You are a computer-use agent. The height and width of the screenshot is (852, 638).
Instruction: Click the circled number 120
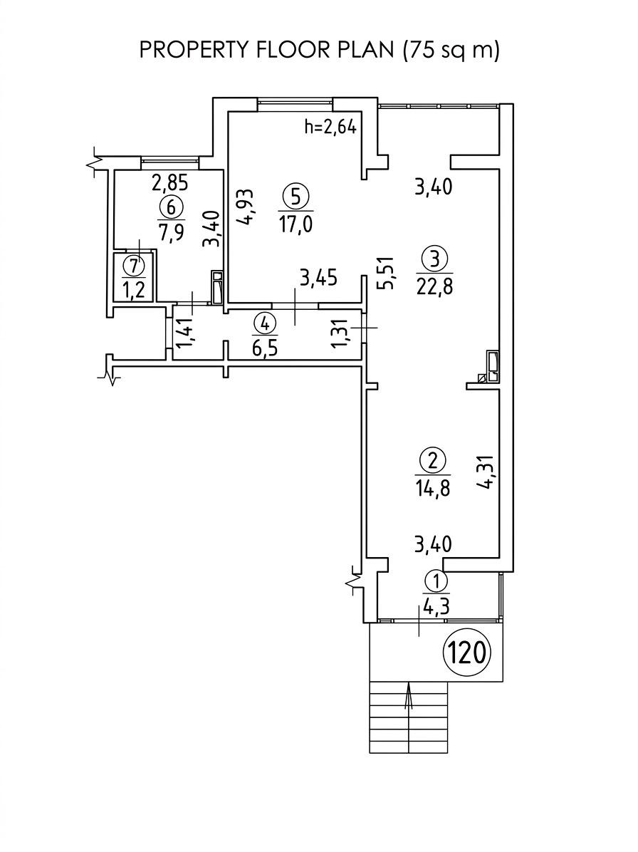pyautogui.click(x=467, y=652)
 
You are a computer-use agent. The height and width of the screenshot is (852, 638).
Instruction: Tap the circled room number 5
pyautogui.click(x=296, y=197)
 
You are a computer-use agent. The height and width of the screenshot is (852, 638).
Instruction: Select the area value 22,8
pyautogui.click(x=434, y=284)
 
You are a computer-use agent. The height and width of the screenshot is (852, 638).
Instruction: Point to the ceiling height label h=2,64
pyautogui.click(x=330, y=128)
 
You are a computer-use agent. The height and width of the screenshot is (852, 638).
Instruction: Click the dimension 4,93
pyautogui.click(x=244, y=207)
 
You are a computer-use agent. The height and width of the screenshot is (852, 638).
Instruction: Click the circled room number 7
pyautogui.click(x=134, y=266)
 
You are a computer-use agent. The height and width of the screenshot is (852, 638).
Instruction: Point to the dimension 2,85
pyautogui.click(x=170, y=183)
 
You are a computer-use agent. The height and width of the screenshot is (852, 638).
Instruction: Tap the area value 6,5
pyautogui.click(x=265, y=347)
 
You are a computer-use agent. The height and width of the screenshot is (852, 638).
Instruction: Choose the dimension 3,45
pyautogui.click(x=319, y=279)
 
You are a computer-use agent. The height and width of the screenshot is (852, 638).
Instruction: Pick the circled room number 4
pyautogui.click(x=264, y=324)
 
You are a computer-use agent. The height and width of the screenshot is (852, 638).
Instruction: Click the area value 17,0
pyautogui.click(x=296, y=223)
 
